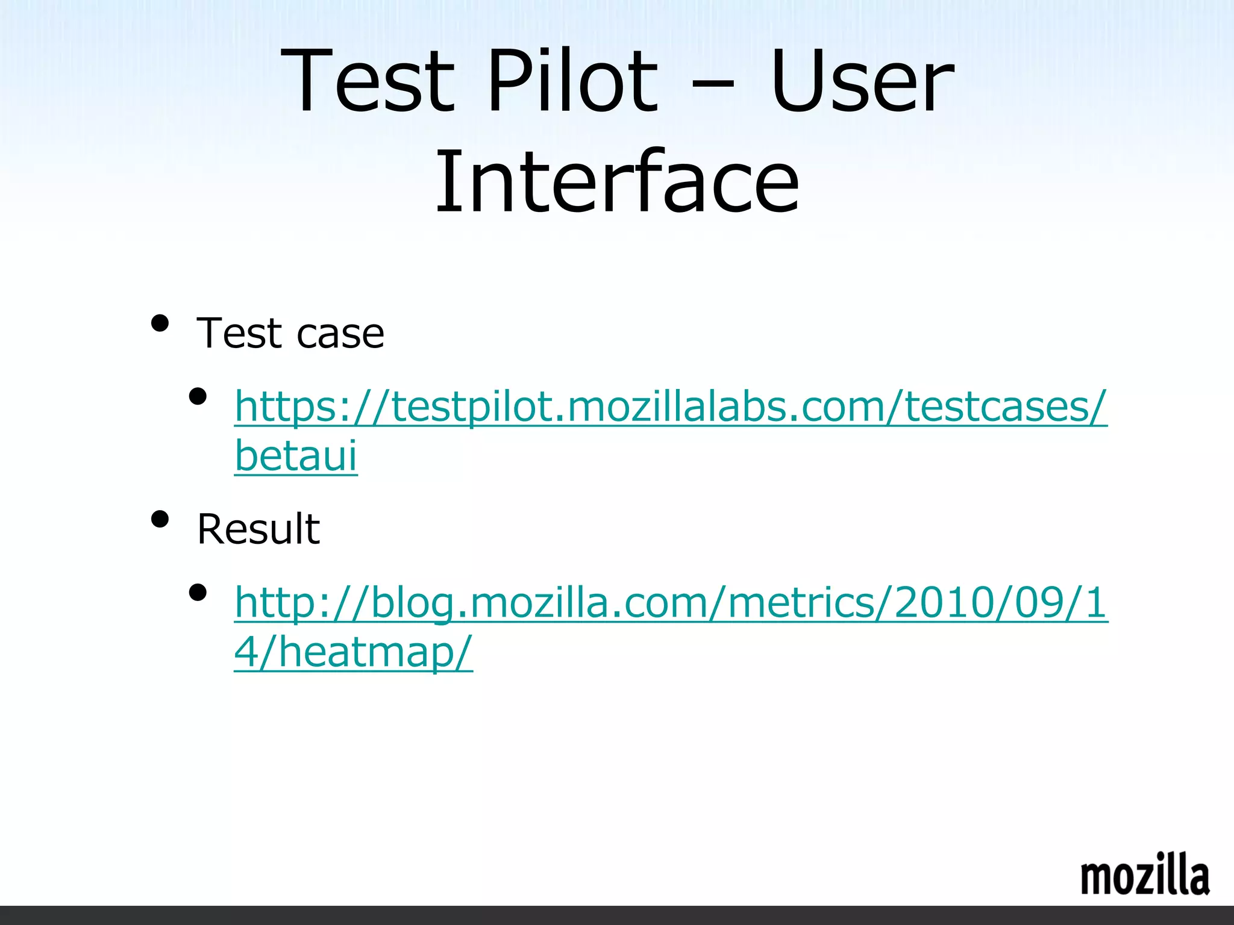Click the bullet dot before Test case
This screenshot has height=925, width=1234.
(x=160, y=323)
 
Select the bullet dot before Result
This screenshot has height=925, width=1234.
(x=160, y=519)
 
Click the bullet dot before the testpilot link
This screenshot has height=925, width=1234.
(x=198, y=396)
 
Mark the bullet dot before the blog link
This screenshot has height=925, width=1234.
(x=198, y=593)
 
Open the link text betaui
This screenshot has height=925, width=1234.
(x=296, y=455)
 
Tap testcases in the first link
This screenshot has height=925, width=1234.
(x=1000, y=407)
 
